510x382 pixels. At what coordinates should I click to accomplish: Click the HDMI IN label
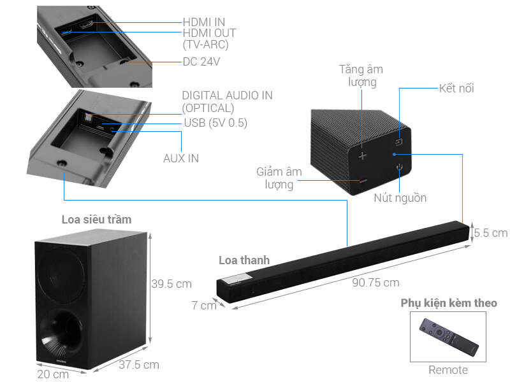203,22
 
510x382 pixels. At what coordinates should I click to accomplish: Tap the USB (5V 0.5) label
215,122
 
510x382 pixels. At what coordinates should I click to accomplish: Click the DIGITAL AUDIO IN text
227,95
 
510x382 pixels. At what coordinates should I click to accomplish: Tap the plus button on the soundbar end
362,155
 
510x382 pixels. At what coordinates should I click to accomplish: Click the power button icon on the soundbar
399,169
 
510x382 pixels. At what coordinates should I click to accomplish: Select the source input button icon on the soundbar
398,143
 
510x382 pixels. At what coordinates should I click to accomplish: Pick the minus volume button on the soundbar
362,181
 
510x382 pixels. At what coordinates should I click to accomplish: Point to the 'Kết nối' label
456,88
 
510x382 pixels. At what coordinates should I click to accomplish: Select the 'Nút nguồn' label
400,198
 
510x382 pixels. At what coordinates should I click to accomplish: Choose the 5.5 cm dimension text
490,232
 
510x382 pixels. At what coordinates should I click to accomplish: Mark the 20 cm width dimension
52,374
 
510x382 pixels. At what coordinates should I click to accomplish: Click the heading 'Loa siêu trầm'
96,220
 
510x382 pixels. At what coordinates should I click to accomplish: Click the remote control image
448,336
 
